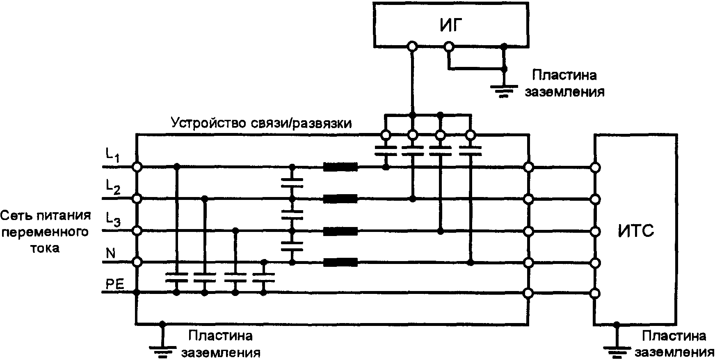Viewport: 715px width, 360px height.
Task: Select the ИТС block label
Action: (x=636, y=231)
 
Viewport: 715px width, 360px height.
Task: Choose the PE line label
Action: (x=115, y=284)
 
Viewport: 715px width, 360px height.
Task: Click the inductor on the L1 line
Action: (x=340, y=167)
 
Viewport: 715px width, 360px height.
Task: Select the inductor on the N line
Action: (x=340, y=262)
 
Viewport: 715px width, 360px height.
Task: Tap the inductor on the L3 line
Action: (x=340, y=231)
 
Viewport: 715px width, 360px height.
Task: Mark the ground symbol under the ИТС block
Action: (x=616, y=350)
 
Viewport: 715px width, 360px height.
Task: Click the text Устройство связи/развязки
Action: (x=261, y=123)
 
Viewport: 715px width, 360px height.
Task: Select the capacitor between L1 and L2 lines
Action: (x=292, y=183)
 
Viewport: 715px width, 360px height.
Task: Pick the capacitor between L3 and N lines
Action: (x=292, y=246)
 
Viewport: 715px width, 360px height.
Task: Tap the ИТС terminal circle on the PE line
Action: (x=594, y=293)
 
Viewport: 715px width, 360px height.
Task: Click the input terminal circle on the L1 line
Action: (x=137, y=167)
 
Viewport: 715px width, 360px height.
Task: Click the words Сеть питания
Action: (x=46, y=215)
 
